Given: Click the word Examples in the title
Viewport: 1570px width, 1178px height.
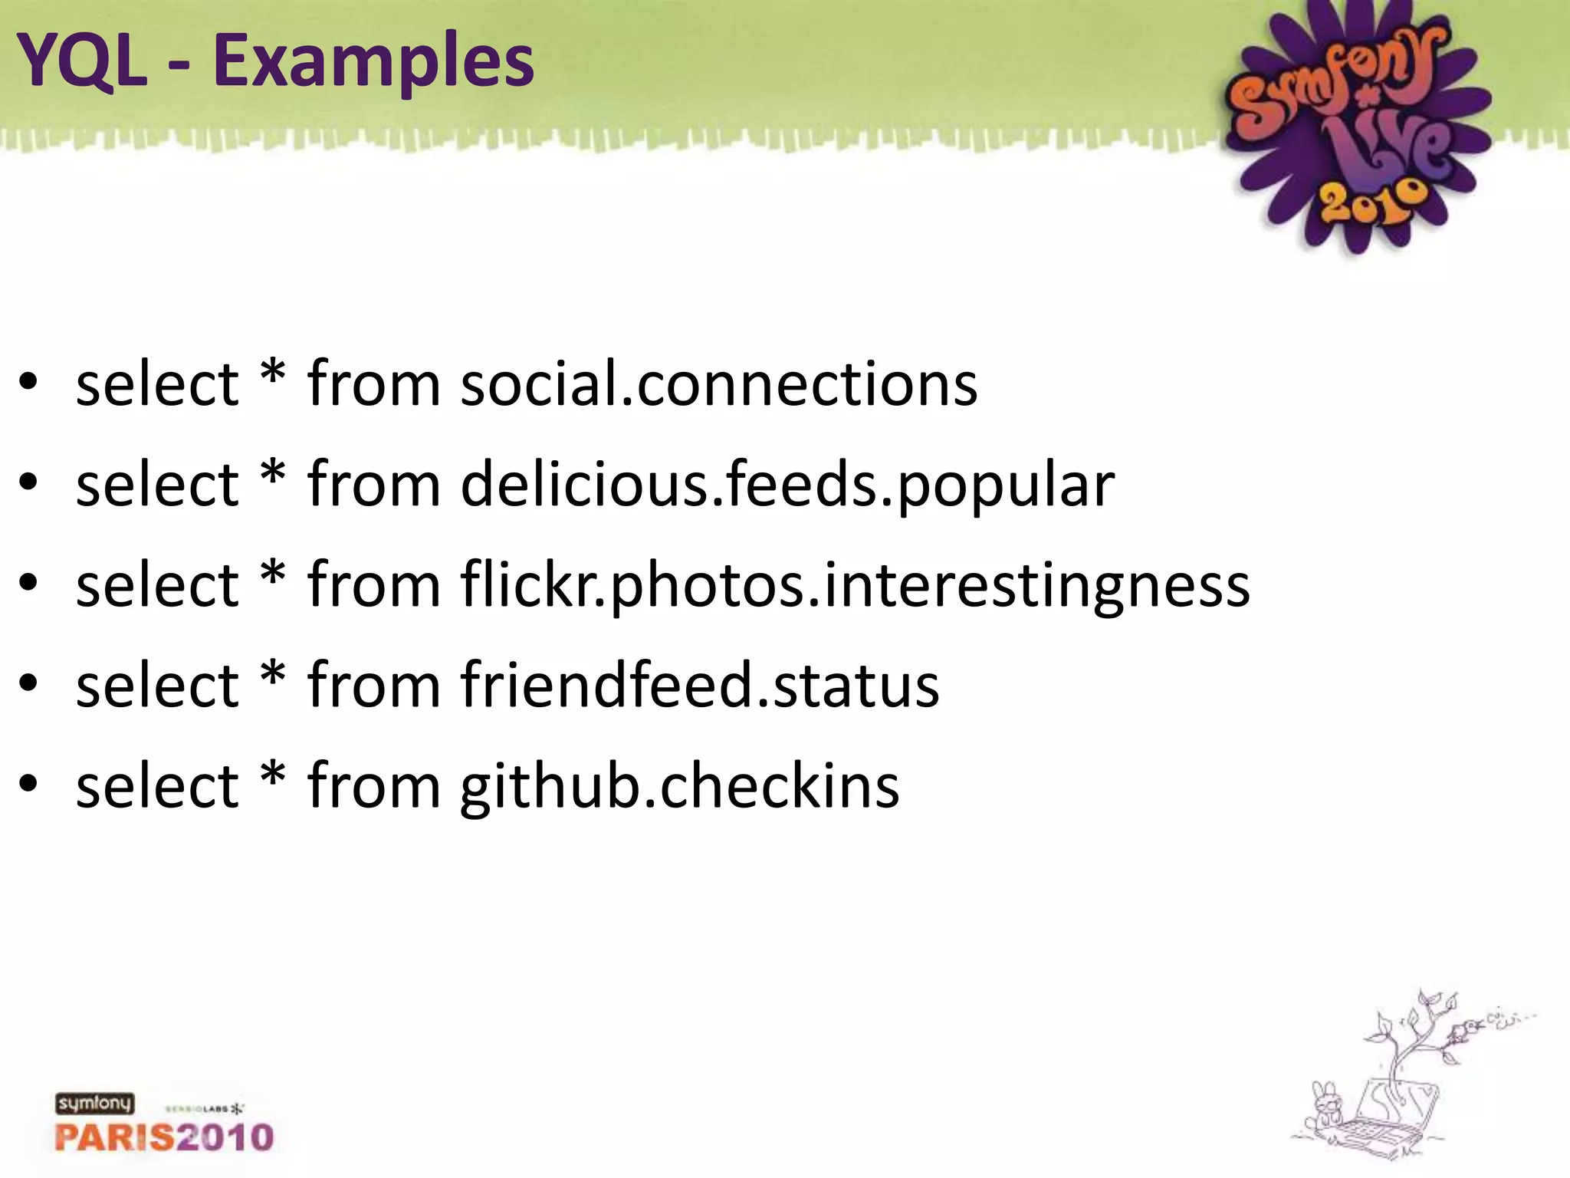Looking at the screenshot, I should (373, 61).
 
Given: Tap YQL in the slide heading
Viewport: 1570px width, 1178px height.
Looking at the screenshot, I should (81, 61).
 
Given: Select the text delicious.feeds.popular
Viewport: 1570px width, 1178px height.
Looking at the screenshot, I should (787, 484).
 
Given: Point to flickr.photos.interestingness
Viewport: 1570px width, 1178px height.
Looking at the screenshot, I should (855, 584).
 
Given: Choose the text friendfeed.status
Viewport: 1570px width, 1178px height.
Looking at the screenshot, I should (699, 685).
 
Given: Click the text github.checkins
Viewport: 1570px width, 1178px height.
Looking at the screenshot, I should (679, 785).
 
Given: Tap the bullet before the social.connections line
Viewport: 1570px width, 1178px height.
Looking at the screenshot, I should (28, 383).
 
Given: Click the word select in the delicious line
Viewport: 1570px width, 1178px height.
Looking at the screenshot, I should (157, 484).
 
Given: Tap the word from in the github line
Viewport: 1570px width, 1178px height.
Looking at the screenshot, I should (373, 785).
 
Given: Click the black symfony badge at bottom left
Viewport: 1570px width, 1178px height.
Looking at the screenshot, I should (94, 1104).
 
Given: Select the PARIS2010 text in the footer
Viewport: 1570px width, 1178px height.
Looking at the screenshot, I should (164, 1137).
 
